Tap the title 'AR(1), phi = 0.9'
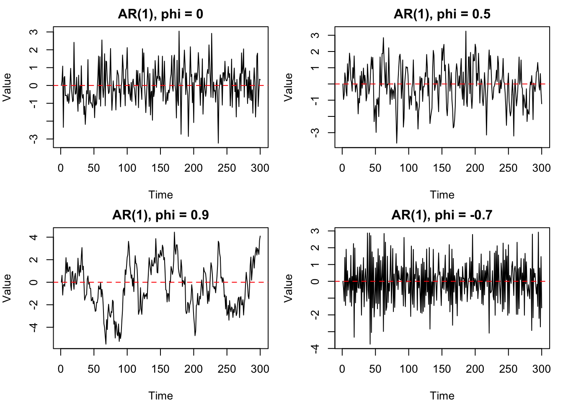(160, 215)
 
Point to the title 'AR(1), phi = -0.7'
(442, 215)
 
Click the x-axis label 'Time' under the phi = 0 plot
(160, 195)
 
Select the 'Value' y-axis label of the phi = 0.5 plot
(288, 87)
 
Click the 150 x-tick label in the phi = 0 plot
(160, 168)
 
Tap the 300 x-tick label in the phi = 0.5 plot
(541, 168)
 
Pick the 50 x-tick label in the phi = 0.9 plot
(94, 369)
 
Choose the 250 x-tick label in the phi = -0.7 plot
(508, 369)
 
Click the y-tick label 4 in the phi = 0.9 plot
(34, 237)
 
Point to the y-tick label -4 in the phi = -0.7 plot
(315, 349)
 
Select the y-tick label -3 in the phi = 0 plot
(34, 139)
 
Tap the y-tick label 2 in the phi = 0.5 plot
(315, 51)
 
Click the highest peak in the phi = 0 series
(179, 31)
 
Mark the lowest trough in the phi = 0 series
(218, 143)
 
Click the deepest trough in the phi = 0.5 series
(397, 143)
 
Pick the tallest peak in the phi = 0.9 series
(174, 232)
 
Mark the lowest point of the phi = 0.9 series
(106, 344)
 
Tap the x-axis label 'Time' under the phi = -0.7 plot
(442, 396)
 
